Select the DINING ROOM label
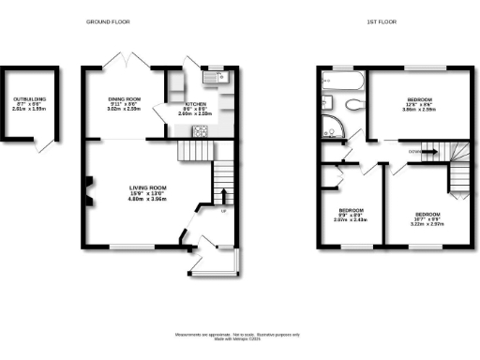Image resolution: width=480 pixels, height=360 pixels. pyautogui.click(x=124, y=100)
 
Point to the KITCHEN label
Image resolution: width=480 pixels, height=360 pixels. pyautogui.click(x=195, y=104)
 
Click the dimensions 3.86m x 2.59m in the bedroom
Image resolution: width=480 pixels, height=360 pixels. pyautogui.click(x=419, y=111)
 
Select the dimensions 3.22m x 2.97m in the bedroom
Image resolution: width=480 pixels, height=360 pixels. pyautogui.click(x=427, y=224)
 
